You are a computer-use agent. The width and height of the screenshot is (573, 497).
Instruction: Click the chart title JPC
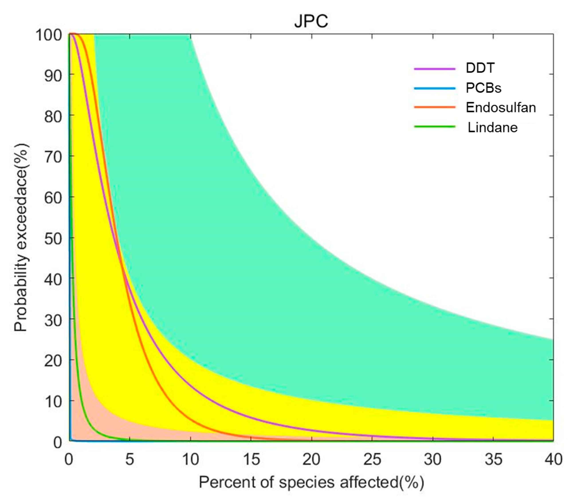pyautogui.click(x=311, y=21)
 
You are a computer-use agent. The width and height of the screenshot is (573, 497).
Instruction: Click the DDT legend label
pyautogui.click(x=480, y=68)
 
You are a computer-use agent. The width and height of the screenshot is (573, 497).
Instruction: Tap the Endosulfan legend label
pyautogui.click(x=500, y=108)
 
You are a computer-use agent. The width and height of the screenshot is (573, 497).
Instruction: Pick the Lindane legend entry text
pyautogui.click(x=493, y=128)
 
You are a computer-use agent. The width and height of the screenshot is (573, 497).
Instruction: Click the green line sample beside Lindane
pyautogui.click(x=435, y=127)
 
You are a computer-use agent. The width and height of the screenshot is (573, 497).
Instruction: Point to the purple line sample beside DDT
pyautogui.click(x=435, y=68)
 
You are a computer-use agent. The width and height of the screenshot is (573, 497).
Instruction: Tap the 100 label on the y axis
pyautogui.click(x=49, y=35)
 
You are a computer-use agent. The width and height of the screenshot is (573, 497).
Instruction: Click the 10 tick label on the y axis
pyautogui.click(x=53, y=401)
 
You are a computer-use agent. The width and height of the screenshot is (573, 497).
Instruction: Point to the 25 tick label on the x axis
pyautogui.click(x=372, y=459)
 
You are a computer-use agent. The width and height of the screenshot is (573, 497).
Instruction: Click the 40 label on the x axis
pyautogui.click(x=553, y=459)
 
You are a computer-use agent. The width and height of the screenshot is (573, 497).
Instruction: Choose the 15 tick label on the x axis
pyautogui.click(x=251, y=459)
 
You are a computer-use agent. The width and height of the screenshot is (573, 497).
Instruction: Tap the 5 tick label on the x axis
pyautogui.click(x=130, y=459)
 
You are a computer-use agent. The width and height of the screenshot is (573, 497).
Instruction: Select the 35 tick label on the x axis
pyautogui.click(x=493, y=459)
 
